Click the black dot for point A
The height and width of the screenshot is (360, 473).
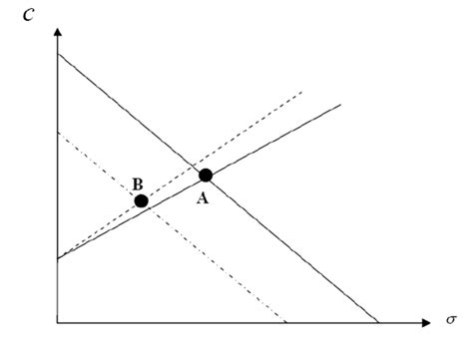206,176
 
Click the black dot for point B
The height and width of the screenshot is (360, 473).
142,200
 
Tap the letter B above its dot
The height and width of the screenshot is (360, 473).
138,183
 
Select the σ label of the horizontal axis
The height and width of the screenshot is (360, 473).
451,321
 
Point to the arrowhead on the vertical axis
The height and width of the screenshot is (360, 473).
59,34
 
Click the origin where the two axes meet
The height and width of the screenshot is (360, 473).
59,322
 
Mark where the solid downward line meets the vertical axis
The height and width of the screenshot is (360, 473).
59,52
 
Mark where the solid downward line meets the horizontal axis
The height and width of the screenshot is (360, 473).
379,322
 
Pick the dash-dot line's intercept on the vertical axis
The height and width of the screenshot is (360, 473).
59,132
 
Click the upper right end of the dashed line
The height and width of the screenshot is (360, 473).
302,91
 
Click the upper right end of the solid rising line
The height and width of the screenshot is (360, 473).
341,104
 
